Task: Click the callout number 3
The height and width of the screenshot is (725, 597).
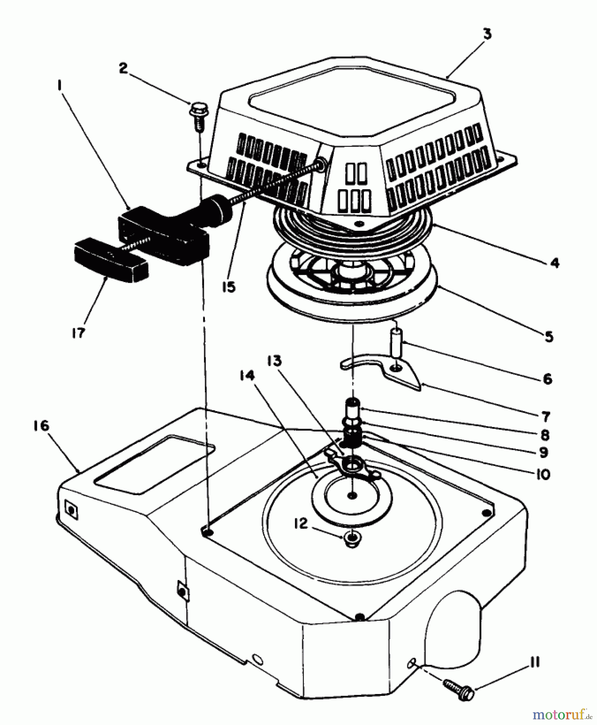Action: point(487,34)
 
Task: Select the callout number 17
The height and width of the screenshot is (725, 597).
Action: point(78,333)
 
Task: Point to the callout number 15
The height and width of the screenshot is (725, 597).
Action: point(229,287)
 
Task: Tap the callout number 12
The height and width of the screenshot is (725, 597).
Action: point(301,524)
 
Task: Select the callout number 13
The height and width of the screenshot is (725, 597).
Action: point(274,361)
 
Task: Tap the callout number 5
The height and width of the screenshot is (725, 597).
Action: point(549,336)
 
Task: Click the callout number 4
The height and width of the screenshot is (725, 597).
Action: point(554,263)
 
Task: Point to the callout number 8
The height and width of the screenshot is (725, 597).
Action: point(545,435)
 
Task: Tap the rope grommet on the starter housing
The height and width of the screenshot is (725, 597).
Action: point(321,162)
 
